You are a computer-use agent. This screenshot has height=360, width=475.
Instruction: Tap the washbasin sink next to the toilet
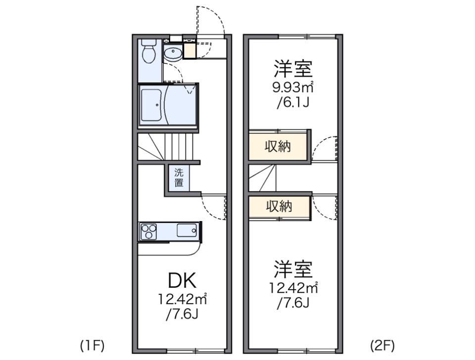pyautogui.click(x=173, y=53)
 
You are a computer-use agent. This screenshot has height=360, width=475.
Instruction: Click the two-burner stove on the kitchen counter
pyautogui.click(x=148, y=231)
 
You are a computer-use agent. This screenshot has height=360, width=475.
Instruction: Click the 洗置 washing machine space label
pyautogui.click(x=179, y=178)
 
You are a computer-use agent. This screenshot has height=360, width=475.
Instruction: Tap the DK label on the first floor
pyautogui.click(x=182, y=281)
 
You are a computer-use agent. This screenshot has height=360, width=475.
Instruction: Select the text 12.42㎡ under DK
pyautogui.click(x=182, y=299)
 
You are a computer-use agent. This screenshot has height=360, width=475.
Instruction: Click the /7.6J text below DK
pyautogui.click(x=182, y=315)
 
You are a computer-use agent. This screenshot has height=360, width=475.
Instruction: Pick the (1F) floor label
pyautogui.click(x=92, y=345)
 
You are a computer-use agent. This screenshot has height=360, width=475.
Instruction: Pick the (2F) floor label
pyautogui.click(x=382, y=345)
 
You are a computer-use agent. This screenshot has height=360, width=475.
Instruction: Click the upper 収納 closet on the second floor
pyautogui.click(x=278, y=146)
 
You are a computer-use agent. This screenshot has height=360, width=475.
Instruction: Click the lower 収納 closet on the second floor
pyautogui.click(x=279, y=206)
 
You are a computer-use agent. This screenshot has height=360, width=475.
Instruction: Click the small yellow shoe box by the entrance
pyautogui.click(x=190, y=51)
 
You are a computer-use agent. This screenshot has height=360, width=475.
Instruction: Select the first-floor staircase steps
pyautogui.click(x=168, y=146)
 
